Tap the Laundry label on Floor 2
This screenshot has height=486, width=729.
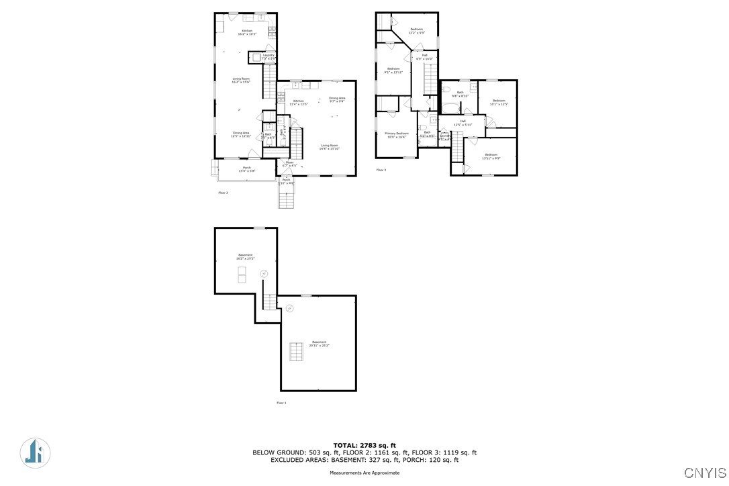(x=269, y=56)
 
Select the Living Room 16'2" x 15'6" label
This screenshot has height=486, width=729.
(x=241, y=81)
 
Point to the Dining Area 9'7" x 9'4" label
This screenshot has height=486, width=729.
(x=337, y=100)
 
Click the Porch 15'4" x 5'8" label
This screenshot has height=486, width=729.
(x=247, y=169)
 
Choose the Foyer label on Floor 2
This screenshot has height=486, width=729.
(x=290, y=164)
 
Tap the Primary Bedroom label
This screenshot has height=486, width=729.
(x=396, y=135)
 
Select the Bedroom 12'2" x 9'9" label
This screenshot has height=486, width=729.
(x=417, y=31)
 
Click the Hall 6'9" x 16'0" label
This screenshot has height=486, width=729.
(x=424, y=57)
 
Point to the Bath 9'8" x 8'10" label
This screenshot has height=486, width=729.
(x=460, y=94)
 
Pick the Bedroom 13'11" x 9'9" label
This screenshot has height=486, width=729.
(x=491, y=156)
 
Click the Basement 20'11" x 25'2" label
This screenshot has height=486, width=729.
(x=319, y=344)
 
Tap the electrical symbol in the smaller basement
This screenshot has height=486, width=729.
(x=264, y=274)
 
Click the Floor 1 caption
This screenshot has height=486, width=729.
(x=281, y=403)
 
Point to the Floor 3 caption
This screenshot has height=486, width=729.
(x=381, y=170)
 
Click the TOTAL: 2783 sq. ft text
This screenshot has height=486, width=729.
(x=364, y=445)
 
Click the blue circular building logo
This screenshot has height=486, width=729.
(x=35, y=452)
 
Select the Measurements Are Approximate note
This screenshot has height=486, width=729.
(x=364, y=473)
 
